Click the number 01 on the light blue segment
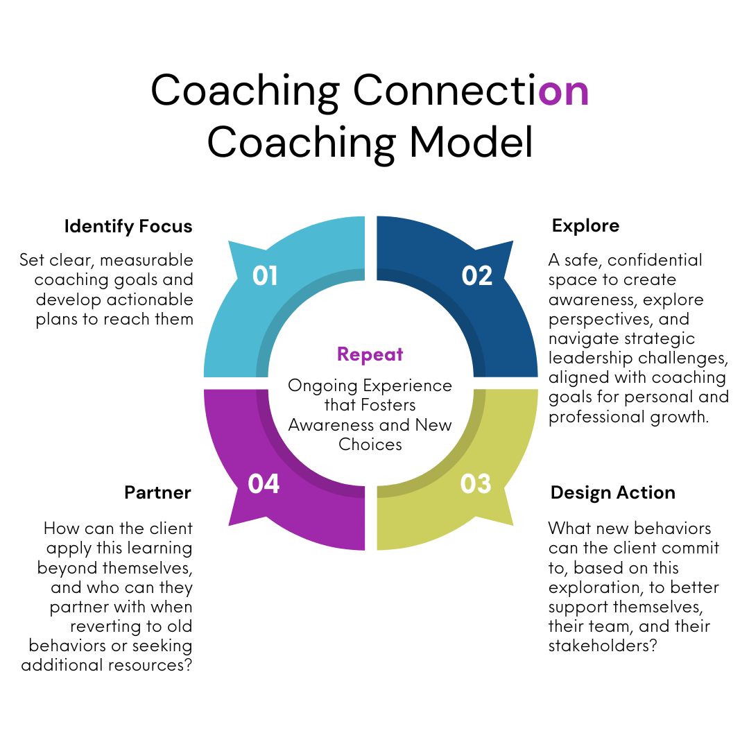point(265,276)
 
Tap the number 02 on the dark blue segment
point(477,276)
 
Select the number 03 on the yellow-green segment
point(476,483)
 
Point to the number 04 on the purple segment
point(264,483)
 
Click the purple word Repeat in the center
point(370,354)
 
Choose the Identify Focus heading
point(128,227)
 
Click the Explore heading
point(585,226)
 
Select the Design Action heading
point(612,493)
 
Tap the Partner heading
point(157,493)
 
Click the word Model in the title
point(472,142)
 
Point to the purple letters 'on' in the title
point(563,90)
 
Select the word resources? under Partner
point(151,666)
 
